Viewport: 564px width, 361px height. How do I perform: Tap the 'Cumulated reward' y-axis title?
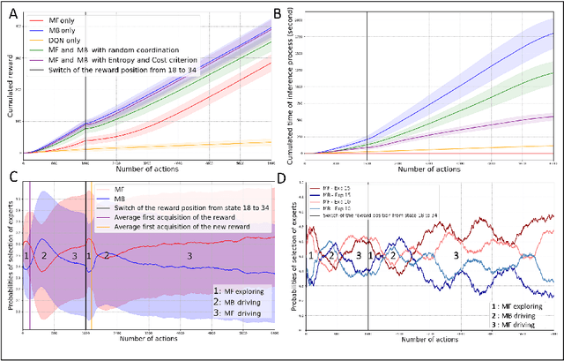[10, 85]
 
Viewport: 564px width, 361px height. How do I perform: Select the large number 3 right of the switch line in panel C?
[187, 255]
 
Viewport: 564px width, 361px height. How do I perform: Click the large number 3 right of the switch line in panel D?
[456, 254]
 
